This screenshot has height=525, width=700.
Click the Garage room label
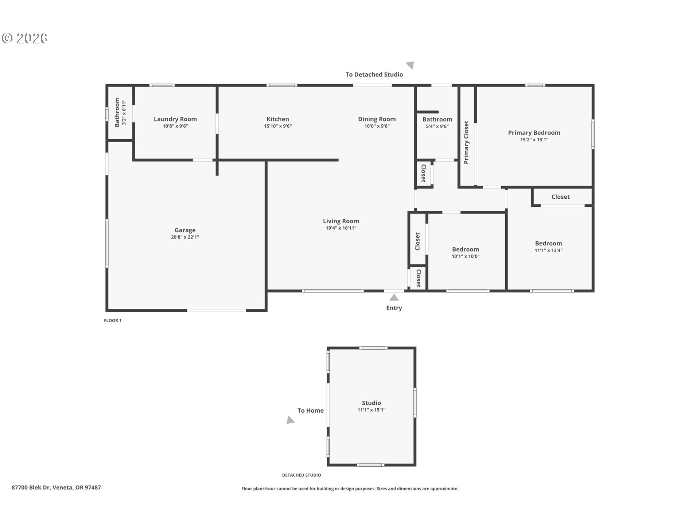click(185, 230)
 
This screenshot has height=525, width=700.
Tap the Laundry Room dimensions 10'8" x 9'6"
click(175, 126)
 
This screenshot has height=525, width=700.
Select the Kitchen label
click(278, 119)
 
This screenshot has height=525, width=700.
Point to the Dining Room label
click(377, 119)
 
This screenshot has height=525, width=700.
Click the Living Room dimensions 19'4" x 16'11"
click(341, 228)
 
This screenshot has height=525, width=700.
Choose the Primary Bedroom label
click(534, 133)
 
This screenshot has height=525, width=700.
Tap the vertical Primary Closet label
click(466, 142)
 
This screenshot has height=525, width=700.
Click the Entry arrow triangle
click(394, 297)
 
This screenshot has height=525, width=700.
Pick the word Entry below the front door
click(394, 308)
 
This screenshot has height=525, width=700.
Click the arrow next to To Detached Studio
click(411, 65)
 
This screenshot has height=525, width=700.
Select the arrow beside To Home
click(290, 420)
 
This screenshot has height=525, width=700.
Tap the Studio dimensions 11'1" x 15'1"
click(372, 410)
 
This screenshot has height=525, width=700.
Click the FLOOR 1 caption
click(113, 320)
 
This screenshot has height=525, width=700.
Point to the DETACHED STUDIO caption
click(302, 475)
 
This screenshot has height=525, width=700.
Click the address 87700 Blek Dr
click(31, 487)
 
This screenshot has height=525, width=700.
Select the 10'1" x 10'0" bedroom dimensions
click(466, 256)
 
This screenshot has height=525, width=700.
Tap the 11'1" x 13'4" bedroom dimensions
click(549, 250)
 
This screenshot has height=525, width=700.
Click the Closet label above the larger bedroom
click(560, 197)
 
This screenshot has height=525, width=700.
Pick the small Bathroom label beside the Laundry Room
click(117, 112)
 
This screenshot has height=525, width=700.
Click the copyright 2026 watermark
click(25, 38)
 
